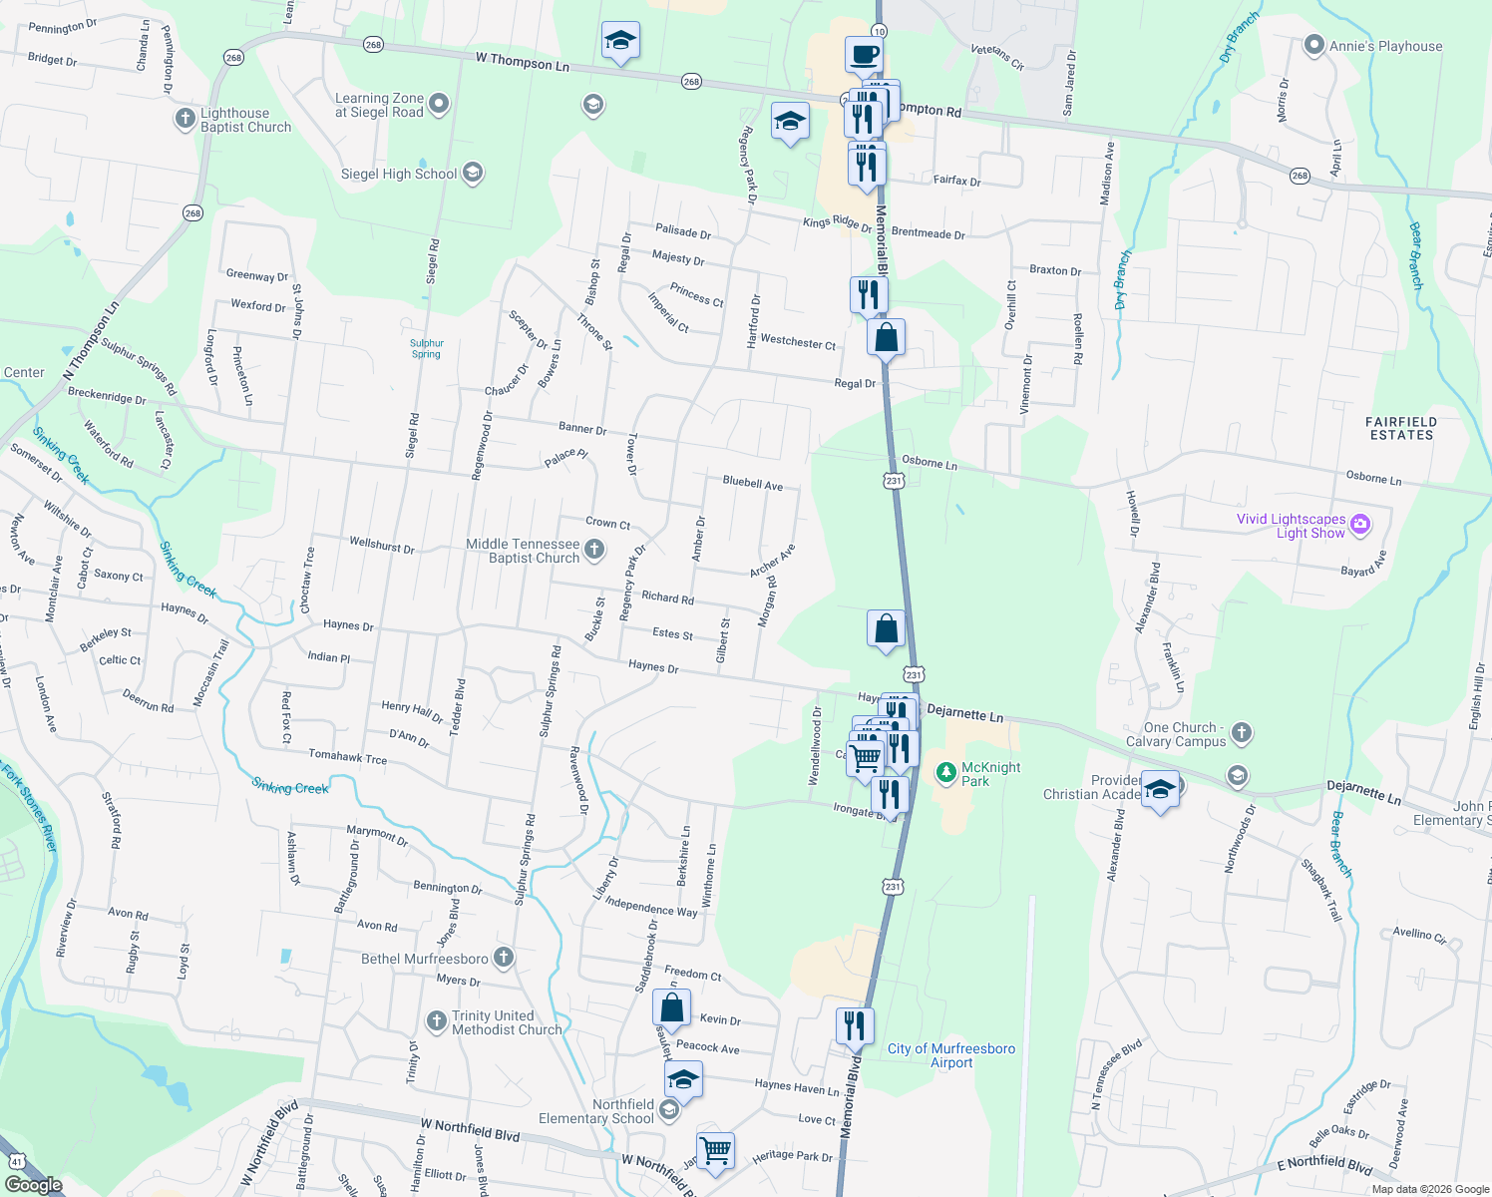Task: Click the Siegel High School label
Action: [x=399, y=175]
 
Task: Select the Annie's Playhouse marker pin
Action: [x=1314, y=46]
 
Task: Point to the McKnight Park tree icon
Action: [x=945, y=772]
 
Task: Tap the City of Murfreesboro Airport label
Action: [x=951, y=1055]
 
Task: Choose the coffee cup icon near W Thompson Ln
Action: [x=864, y=54]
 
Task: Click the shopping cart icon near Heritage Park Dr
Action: [x=715, y=1150]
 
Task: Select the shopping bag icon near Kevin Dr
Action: [x=672, y=1007]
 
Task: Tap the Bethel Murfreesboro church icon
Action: [x=504, y=958]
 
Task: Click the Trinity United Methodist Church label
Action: [x=507, y=1022]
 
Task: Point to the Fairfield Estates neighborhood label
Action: [x=1401, y=429]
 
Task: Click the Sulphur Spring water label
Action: [x=426, y=349]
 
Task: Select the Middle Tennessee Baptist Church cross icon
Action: [x=593, y=550]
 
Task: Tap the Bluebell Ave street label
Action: [x=752, y=483]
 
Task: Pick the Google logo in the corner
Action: [x=33, y=1184]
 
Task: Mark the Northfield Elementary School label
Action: [x=596, y=1111]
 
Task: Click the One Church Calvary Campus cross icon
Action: [x=1242, y=733]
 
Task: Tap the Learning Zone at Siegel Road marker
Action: [x=438, y=104]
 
